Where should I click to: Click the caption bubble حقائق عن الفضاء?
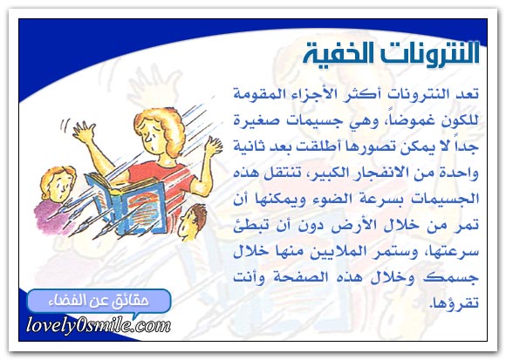coord(99,301)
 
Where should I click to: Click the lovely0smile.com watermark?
coord(98,324)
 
